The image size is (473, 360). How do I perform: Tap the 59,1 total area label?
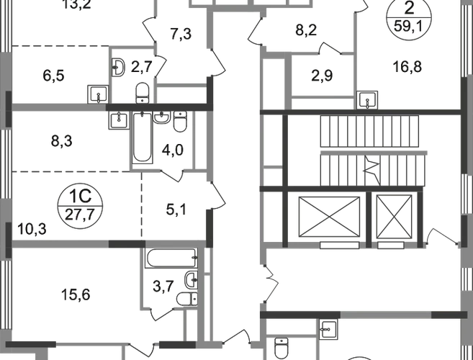pos(409,27)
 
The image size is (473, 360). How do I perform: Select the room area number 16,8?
pos(407,67)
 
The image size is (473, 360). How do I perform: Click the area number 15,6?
pos(76,294)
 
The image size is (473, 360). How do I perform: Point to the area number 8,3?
pos(61,141)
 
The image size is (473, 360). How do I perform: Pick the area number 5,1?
pos(176,210)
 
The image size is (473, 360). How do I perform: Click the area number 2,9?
pos(322,76)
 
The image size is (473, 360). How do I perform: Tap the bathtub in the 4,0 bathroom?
pos(142,138)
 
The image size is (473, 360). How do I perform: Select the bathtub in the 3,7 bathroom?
pos(171,258)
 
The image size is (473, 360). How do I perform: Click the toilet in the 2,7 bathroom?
pos(142,93)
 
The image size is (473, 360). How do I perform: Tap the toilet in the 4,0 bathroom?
pos(181,122)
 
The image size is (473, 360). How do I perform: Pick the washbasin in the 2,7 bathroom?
pos(119,67)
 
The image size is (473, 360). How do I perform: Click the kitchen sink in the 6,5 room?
pos(98,94)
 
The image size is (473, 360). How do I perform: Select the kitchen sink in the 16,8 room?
pos(367,100)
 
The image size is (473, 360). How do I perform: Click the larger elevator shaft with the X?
pos(329,217)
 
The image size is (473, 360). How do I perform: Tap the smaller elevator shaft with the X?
pos(394,217)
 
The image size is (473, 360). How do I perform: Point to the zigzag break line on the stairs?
pos(371,170)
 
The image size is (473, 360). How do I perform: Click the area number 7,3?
pos(181,34)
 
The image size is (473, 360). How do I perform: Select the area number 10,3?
pos(32,230)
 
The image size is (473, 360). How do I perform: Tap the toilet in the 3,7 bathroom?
pos(187,299)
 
